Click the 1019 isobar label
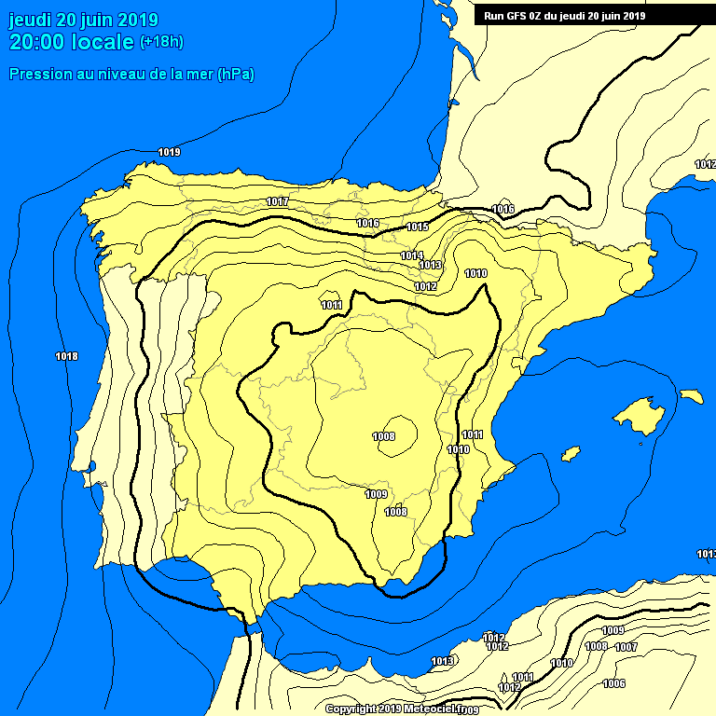point(169,152)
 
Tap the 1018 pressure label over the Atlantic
point(66,356)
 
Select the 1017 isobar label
point(277,202)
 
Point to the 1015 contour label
point(417,227)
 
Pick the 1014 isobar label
point(412,255)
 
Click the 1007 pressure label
point(626,647)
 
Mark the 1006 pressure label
point(613,683)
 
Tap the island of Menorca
point(691,396)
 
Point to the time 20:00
point(37,42)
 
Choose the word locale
point(103,42)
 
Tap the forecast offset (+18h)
point(161,42)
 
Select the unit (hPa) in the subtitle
point(236,74)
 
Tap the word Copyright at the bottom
point(351,709)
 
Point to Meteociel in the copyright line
point(424,709)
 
